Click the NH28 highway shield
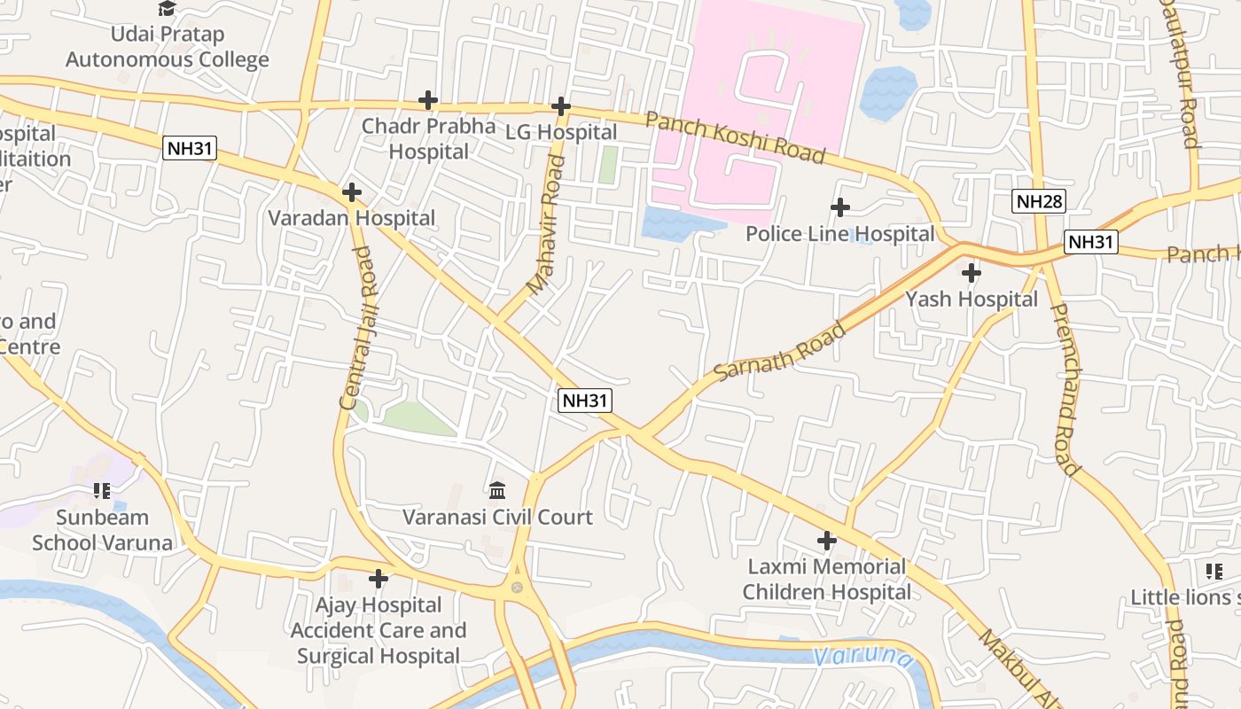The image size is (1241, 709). tap(1039, 201)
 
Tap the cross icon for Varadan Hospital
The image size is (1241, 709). tap(352, 191)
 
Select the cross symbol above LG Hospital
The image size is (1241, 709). tap(560, 106)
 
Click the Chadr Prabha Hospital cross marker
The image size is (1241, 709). tap(428, 100)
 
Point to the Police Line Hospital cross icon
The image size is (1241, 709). tap(839, 207)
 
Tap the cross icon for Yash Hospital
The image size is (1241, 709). tap(972, 272)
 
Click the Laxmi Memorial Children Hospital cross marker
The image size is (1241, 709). tap(826, 540)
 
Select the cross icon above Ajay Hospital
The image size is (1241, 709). tap(379, 579)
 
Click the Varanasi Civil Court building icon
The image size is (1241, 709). tap(497, 490)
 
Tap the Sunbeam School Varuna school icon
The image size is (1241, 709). tap(102, 490)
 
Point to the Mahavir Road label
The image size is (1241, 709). tap(546, 225)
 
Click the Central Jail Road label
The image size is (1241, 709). tap(357, 327)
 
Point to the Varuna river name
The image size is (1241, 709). tap(862, 657)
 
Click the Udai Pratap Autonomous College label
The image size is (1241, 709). tap(168, 47)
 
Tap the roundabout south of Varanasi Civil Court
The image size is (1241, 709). tap(517, 587)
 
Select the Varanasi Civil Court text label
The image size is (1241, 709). tap(497, 517)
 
